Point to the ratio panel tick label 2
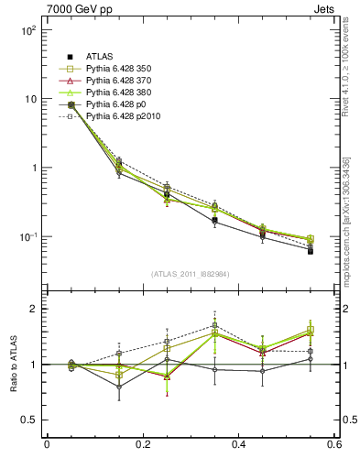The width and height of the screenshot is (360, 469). click(36, 310)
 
